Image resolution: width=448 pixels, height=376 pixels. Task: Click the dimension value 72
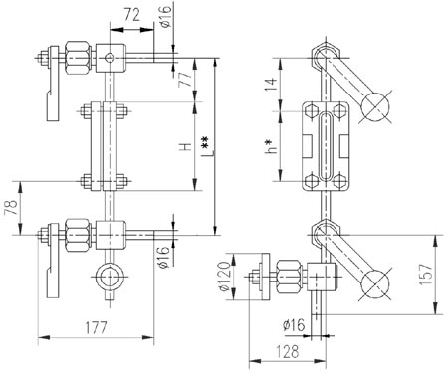coord(132,15)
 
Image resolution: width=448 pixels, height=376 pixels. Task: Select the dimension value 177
coord(96,327)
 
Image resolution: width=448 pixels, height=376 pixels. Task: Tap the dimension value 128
coord(288,351)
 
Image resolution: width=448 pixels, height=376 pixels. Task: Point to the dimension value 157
coord(426,275)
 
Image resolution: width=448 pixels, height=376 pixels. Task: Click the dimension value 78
coord(12,207)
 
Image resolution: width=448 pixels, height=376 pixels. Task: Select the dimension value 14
coord(271,85)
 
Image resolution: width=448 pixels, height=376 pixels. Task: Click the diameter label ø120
coord(225,277)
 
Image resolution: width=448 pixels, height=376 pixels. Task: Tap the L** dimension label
coord(207,146)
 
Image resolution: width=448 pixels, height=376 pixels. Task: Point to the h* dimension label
coord(271,146)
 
